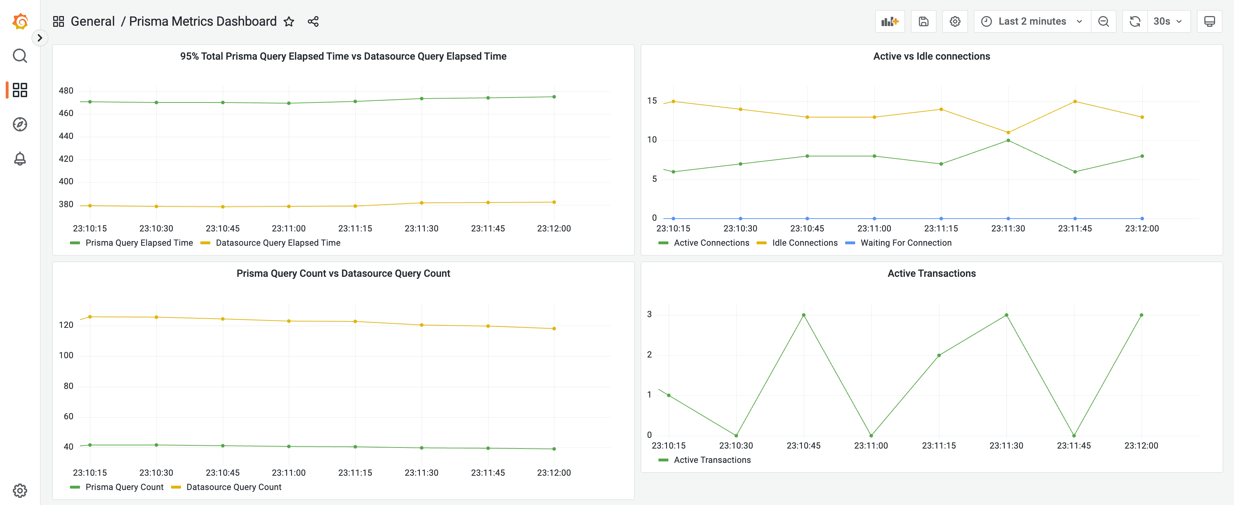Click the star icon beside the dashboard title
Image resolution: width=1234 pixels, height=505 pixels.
click(x=289, y=21)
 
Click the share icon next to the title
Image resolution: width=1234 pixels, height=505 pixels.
click(x=313, y=21)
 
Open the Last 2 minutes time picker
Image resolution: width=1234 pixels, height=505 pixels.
click(x=1032, y=21)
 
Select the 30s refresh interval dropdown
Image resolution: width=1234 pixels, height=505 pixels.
click(x=1168, y=21)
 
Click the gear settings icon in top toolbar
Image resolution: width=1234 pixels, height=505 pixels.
click(x=955, y=21)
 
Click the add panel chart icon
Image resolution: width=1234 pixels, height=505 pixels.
click(x=889, y=21)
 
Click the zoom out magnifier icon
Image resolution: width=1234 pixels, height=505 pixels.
click(x=1103, y=21)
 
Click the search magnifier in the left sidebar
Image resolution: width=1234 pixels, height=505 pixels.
click(x=20, y=56)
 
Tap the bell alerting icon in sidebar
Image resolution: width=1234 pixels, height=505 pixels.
click(x=20, y=159)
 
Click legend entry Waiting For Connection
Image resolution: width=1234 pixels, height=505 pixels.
click(x=906, y=243)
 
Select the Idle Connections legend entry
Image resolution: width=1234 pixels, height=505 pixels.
click(x=804, y=243)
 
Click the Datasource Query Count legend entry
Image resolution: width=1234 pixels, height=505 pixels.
click(x=233, y=487)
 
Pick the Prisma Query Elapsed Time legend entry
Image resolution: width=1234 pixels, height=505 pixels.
click(x=139, y=243)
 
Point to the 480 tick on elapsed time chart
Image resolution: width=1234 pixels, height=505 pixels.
click(x=66, y=91)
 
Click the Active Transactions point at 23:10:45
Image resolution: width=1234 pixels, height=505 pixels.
click(x=803, y=315)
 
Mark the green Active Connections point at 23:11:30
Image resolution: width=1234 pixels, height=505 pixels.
click(x=1008, y=140)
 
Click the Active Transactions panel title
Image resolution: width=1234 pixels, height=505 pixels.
click(x=931, y=273)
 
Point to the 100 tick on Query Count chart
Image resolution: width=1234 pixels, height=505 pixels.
click(x=66, y=355)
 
